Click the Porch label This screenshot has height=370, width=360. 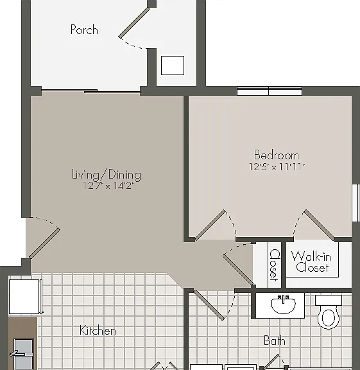[x=84, y=30]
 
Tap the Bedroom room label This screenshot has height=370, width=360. [x=277, y=155]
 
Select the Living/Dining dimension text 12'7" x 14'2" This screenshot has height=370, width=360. [x=108, y=186]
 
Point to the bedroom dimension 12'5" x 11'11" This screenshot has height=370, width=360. [x=277, y=167]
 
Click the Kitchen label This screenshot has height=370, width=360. [x=98, y=330]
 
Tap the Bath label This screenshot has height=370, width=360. [x=275, y=341]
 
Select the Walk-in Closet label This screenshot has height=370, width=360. [x=311, y=262]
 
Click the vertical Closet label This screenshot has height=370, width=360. [x=275, y=265]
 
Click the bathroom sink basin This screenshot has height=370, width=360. [x=284, y=305]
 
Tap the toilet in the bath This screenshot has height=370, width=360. [x=329, y=312]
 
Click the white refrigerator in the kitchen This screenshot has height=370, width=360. [x=25, y=297]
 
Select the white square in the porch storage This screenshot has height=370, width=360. [x=173, y=66]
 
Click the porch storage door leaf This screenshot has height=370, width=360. [x=134, y=22]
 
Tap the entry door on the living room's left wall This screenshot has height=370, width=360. [x=44, y=243]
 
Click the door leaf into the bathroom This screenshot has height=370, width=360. [x=209, y=305]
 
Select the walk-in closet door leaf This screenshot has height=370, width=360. [x=319, y=225]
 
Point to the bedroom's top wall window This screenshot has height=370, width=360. [x=270, y=91]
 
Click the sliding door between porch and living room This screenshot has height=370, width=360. [x=90, y=91]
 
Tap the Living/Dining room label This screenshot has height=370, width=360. [x=107, y=175]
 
